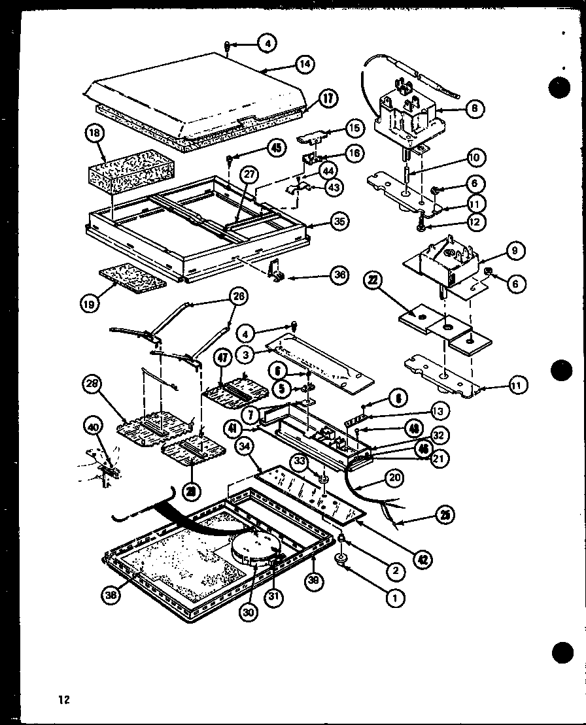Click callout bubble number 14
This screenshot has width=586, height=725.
(x=304, y=64)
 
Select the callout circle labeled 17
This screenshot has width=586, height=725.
(x=328, y=99)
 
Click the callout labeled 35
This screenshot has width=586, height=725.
(x=338, y=222)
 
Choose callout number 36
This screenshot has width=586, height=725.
(x=339, y=275)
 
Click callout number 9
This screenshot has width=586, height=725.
(x=514, y=250)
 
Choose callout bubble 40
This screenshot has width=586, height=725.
(x=93, y=429)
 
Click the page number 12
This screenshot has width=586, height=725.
(x=63, y=700)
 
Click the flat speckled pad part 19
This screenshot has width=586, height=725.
(x=131, y=279)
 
